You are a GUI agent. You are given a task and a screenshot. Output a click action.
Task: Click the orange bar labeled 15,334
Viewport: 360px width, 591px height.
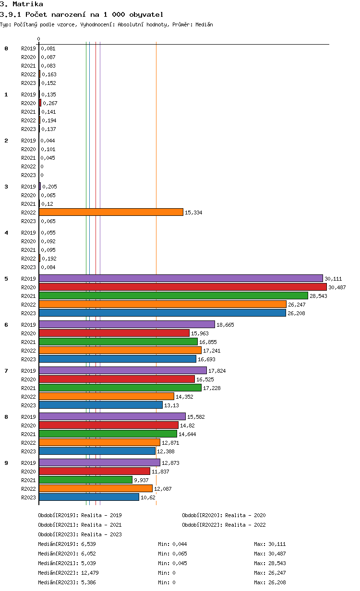coord(111,212)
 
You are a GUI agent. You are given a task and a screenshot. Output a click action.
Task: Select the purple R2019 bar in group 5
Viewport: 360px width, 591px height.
coord(180,278)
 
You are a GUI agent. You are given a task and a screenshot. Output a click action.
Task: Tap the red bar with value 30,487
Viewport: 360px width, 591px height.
coord(182,287)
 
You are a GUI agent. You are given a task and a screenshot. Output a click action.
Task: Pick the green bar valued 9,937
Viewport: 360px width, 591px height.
coord(85,480)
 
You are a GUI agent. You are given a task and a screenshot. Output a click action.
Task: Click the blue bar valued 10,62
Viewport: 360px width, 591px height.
coord(89,497)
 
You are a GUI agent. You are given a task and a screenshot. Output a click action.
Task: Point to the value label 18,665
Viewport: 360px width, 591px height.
coord(225,325)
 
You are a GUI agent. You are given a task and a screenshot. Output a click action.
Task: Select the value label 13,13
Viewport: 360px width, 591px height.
coord(171,405)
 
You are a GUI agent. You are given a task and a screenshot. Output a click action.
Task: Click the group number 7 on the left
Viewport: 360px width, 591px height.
coord(6,371)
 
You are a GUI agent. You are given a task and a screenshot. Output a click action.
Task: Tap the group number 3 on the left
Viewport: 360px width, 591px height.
coord(6,187)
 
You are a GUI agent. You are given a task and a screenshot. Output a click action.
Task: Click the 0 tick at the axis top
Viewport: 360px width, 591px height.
coord(39,39)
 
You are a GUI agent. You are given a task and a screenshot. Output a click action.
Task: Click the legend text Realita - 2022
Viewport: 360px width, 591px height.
coord(245,525)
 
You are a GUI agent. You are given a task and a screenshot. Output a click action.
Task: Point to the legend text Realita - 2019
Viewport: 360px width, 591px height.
coord(101,515)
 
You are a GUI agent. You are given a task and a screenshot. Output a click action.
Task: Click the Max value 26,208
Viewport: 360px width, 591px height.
coord(276,582)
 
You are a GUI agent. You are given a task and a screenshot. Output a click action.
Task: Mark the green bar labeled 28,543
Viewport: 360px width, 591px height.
coord(173,295)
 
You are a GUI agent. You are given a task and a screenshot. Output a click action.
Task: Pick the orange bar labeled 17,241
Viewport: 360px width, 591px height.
coord(120,350)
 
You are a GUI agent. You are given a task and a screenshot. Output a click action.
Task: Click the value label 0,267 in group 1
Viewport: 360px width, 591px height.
coord(50,103)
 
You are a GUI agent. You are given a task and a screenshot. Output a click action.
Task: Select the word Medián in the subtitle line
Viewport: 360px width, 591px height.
coord(204,24)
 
